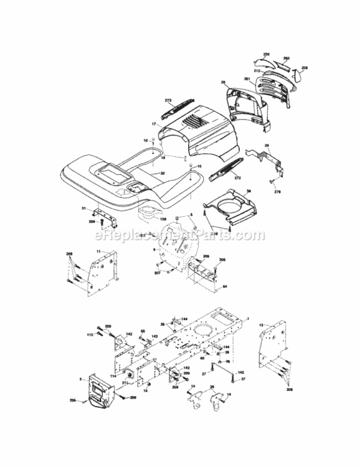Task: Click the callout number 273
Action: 168,100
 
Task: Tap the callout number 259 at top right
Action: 265,55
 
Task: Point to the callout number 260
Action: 287,58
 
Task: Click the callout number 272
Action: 237,178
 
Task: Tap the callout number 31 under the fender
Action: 83,208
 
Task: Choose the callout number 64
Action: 225,285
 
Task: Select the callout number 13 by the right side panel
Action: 261,324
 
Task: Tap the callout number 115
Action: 90,336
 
